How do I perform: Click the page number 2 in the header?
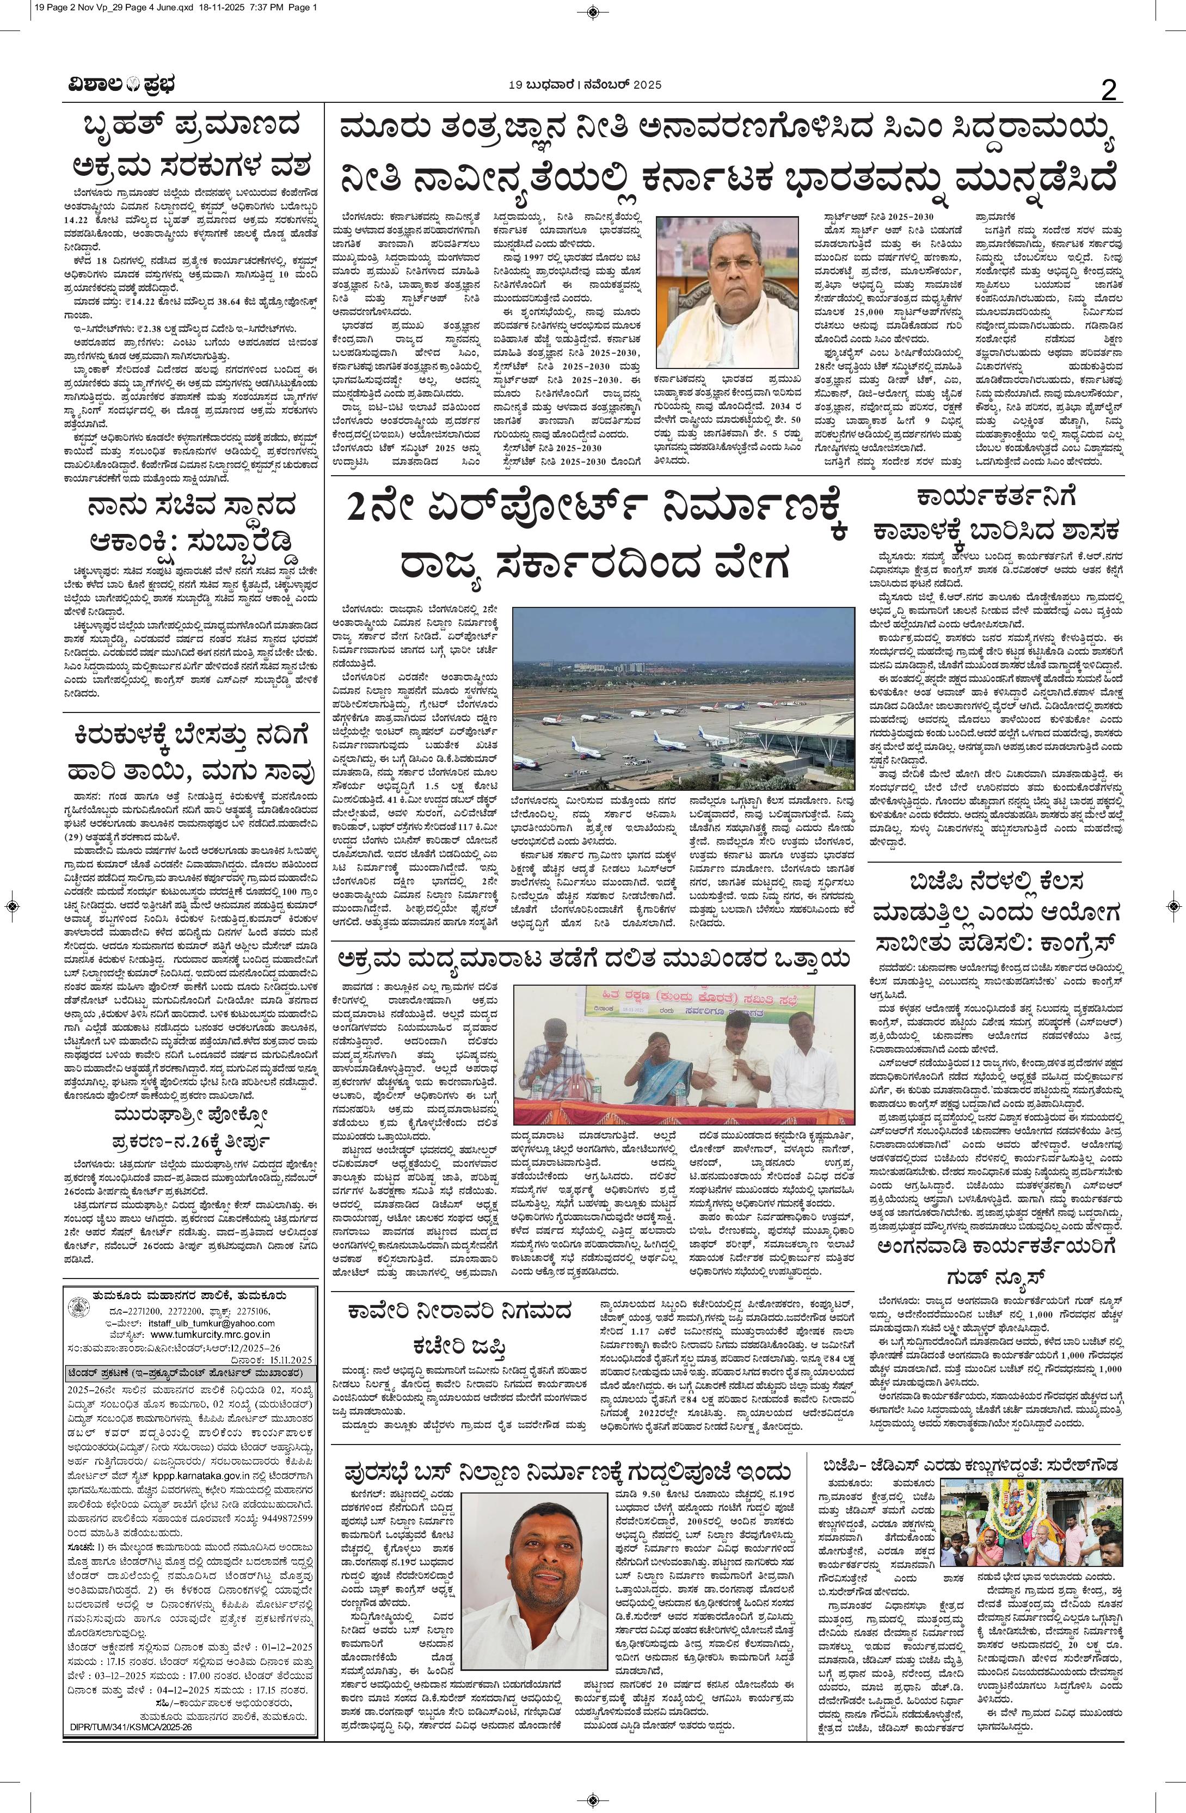pos(1108,91)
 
